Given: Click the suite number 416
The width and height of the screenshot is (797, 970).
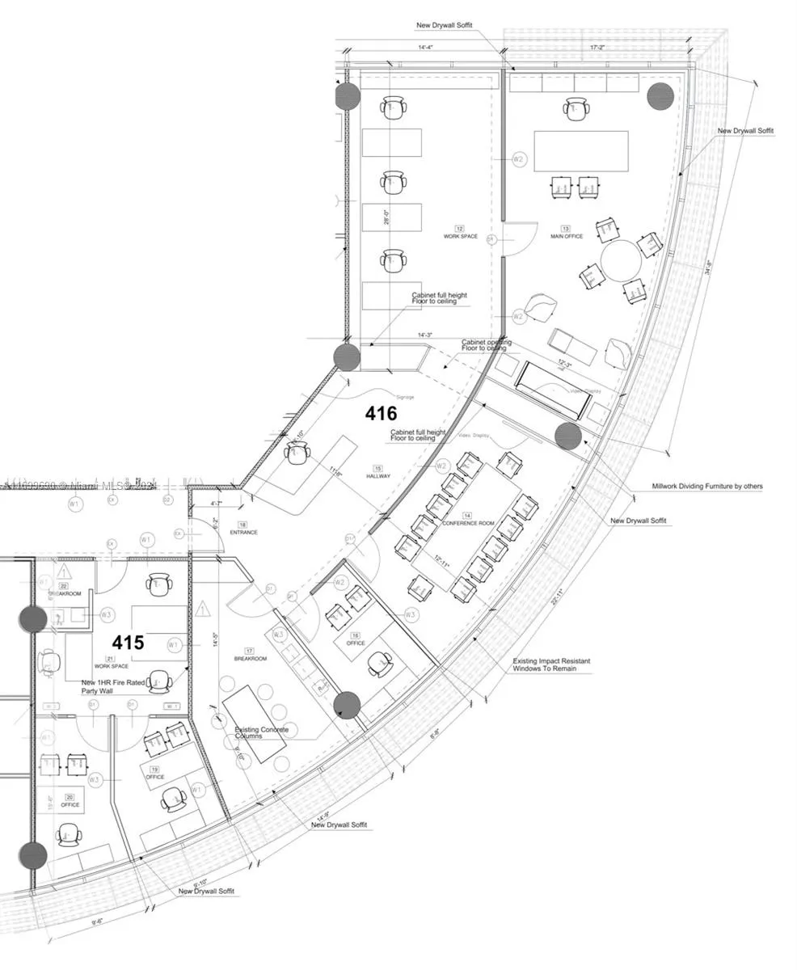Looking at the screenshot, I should tap(381, 414).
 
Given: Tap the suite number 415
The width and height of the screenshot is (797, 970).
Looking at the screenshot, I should tap(128, 643).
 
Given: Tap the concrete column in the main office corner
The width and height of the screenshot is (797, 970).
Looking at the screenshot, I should tap(660, 95).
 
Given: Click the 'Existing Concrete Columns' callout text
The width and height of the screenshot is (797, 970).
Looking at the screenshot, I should tap(261, 733).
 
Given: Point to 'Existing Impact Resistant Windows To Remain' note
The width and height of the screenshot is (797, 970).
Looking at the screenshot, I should tap(551, 664).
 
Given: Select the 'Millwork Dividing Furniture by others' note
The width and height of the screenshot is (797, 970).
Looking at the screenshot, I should tap(707, 487).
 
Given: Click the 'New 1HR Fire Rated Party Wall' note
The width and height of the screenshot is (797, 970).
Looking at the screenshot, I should tap(113, 687).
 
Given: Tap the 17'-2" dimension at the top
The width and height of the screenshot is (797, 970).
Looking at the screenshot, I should tap(597, 48).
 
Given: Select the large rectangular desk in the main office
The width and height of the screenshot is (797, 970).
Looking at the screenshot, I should tap(581, 150).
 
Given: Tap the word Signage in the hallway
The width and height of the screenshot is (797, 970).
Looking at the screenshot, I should tap(405, 397).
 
